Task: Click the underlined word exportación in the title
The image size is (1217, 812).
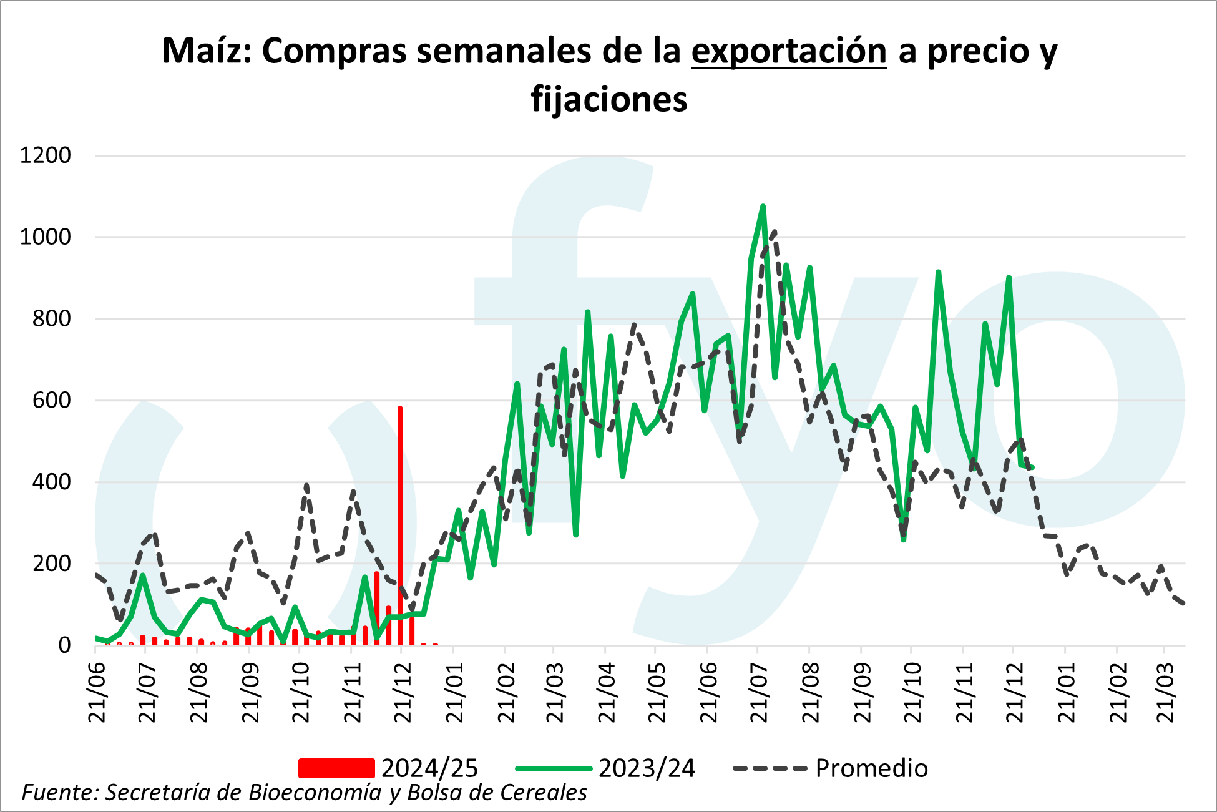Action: pyautogui.click(x=789, y=51)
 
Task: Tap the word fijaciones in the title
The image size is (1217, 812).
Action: pyautogui.click(x=609, y=100)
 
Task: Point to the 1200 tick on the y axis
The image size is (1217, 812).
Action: pyautogui.click(x=46, y=155)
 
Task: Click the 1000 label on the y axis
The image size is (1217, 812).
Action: pyautogui.click(x=46, y=237)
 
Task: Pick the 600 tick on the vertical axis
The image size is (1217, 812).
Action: pyautogui.click(x=52, y=400)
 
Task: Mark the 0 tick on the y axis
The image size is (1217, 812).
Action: pyautogui.click(x=64, y=645)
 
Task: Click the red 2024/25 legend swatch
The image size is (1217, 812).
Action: pyautogui.click(x=336, y=768)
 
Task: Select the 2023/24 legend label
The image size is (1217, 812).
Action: pyautogui.click(x=647, y=768)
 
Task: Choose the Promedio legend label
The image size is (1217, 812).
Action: pyautogui.click(x=871, y=768)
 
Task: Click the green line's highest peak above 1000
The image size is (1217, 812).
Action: pyautogui.click(x=763, y=207)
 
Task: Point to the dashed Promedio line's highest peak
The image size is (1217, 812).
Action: pyautogui.click(x=775, y=231)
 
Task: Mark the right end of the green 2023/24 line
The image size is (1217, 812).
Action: pyautogui.click(x=1033, y=467)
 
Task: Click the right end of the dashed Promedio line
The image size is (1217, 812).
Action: pyautogui.click(x=1184, y=603)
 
